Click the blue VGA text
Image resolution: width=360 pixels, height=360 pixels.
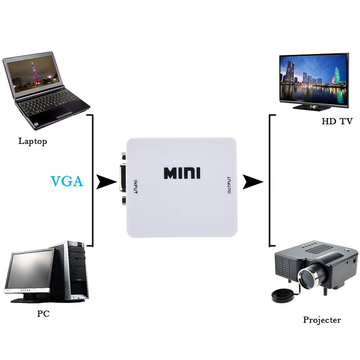pyautogui.click(x=67, y=181)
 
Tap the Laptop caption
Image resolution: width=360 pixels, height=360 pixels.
pyautogui.click(x=33, y=141)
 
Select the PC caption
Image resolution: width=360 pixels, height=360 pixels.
pyautogui.click(x=43, y=314)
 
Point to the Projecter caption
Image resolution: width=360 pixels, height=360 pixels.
pyautogui.click(x=322, y=320)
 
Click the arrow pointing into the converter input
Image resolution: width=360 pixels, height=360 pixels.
pyautogui.click(x=107, y=182)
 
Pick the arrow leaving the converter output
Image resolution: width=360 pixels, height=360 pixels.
pyautogui.click(x=253, y=182)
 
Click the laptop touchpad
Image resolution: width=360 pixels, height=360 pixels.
pyautogui.click(x=62, y=113)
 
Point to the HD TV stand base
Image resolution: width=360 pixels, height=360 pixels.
pyautogui.click(x=312, y=107)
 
